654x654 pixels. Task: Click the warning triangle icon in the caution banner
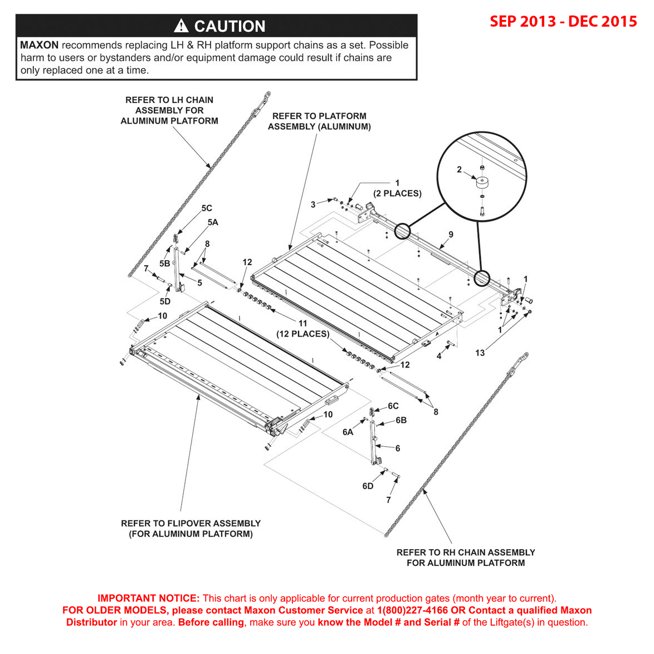(x=181, y=26)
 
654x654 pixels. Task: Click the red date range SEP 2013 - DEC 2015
(x=563, y=21)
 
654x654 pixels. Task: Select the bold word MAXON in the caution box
(x=39, y=45)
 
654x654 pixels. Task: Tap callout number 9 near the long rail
(x=451, y=235)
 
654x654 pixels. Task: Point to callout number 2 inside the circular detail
(x=459, y=169)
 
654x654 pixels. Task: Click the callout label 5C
(x=207, y=208)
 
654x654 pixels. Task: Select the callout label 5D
(x=165, y=301)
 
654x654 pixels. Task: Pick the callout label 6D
(x=368, y=486)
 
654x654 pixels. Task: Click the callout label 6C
(x=393, y=406)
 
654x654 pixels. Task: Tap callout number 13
(x=480, y=353)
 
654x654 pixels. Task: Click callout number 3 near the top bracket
(x=313, y=204)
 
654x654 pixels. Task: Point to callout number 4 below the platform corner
(x=439, y=356)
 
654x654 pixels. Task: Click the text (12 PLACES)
(x=302, y=334)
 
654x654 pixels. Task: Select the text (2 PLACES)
(x=397, y=193)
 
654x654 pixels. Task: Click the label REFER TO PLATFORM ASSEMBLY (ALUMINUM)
(x=319, y=121)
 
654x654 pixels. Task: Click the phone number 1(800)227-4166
(x=412, y=611)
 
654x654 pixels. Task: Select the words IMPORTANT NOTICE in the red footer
(x=148, y=598)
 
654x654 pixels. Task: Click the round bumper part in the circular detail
(x=482, y=182)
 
